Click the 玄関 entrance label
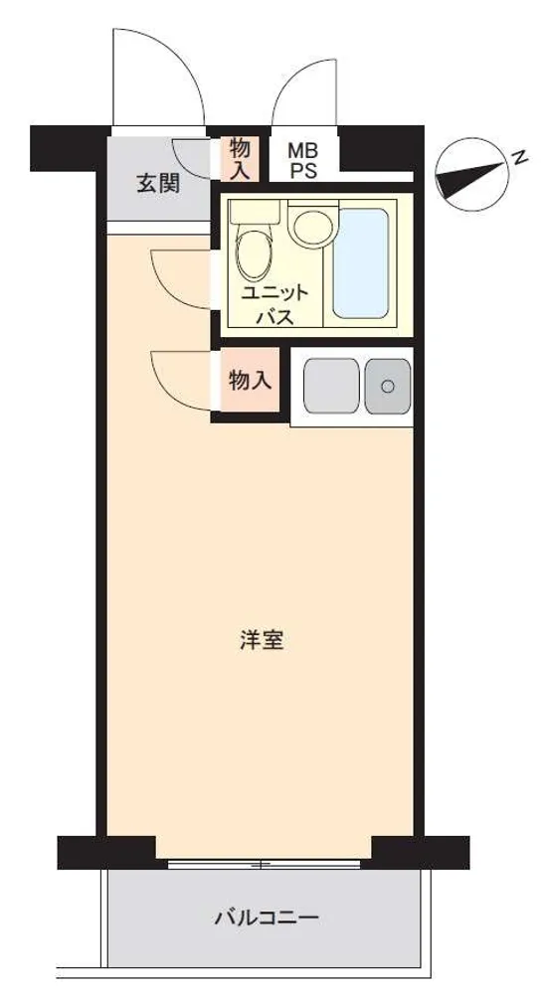click(x=158, y=184)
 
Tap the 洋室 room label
click(x=262, y=641)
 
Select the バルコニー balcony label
click(x=267, y=916)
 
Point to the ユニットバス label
click(x=275, y=305)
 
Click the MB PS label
click(x=303, y=161)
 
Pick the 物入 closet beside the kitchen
click(x=251, y=381)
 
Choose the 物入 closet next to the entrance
click(x=241, y=159)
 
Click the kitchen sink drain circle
click(x=388, y=386)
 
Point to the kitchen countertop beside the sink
click(x=331, y=386)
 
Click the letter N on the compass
click(x=521, y=157)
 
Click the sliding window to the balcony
click(x=264, y=864)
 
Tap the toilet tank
click(x=254, y=212)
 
